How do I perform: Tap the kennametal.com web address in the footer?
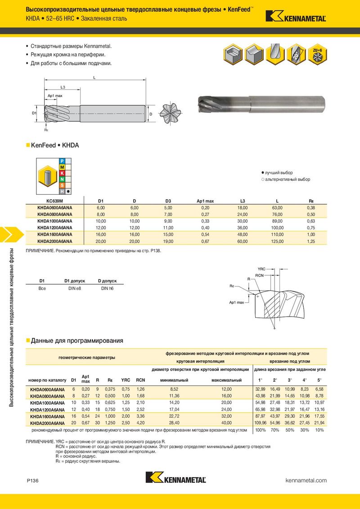click(306, 481)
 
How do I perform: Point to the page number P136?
click(33, 481)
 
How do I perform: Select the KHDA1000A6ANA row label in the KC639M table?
click(54, 221)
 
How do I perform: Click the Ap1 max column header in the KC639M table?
click(205, 201)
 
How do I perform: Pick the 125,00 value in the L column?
click(276, 241)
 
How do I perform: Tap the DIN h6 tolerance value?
click(107, 288)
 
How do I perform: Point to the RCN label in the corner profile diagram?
click(259, 275)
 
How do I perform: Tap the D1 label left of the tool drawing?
click(34, 113)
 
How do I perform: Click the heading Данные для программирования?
click(77, 340)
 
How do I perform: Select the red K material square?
click(62, 173)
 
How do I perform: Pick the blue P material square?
click(62, 161)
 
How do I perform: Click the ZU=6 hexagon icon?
click(317, 54)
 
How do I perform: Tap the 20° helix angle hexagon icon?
click(296, 54)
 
